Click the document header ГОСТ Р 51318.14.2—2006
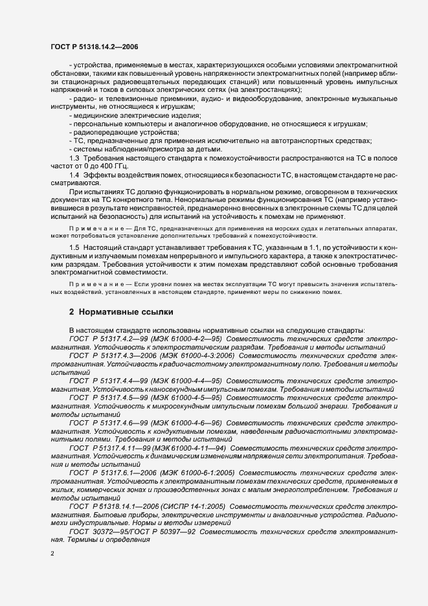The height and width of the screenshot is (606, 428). click(x=95, y=47)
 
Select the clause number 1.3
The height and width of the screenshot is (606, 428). click(x=74, y=158)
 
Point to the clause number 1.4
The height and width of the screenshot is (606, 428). click(x=74, y=175)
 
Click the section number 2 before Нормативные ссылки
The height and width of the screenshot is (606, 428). click(x=71, y=311)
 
